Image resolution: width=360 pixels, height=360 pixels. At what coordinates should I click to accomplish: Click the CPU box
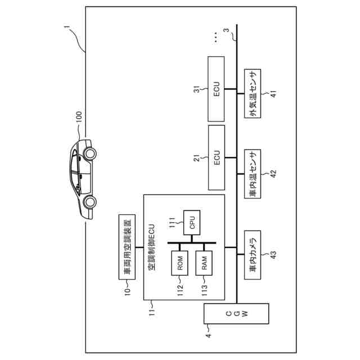pyautogui.click(x=192, y=222)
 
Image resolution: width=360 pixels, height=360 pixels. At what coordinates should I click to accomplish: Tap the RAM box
pyautogui.click(x=205, y=264)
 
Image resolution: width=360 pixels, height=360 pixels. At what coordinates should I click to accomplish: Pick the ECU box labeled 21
pyautogui.click(x=217, y=157)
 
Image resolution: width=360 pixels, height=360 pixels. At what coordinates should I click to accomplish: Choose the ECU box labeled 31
pyautogui.click(x=217, y=89)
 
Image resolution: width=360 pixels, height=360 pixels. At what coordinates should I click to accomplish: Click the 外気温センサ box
pyautogui.click(x=253, y=94)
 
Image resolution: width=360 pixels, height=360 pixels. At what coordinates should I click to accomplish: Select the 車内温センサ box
pyautogui.click(x=253, y=174)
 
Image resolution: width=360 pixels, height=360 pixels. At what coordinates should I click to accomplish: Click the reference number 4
pyautogui.click(x=208, y=336)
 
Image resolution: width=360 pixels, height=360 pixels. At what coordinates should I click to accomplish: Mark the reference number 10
pyautogui.click(x=127, y=291)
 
